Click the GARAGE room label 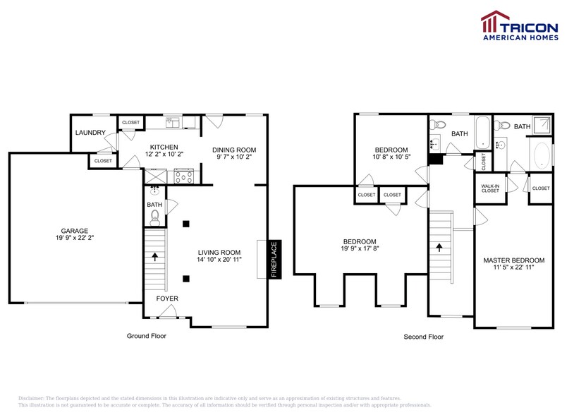(74, 231)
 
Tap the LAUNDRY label (91, 133)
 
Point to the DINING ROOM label (234, 150)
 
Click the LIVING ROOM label (219, 253)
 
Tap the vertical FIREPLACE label (274, 259)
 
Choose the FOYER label (167, 299)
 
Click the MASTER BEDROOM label (513, 260)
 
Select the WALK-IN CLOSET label (490, 188)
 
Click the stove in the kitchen (184, 176)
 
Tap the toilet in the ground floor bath (155, 217)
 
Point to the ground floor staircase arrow (154, 256)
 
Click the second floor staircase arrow (441, 248)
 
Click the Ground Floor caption (147, 336)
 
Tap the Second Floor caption (423, 337)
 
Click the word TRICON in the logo (530, 28)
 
